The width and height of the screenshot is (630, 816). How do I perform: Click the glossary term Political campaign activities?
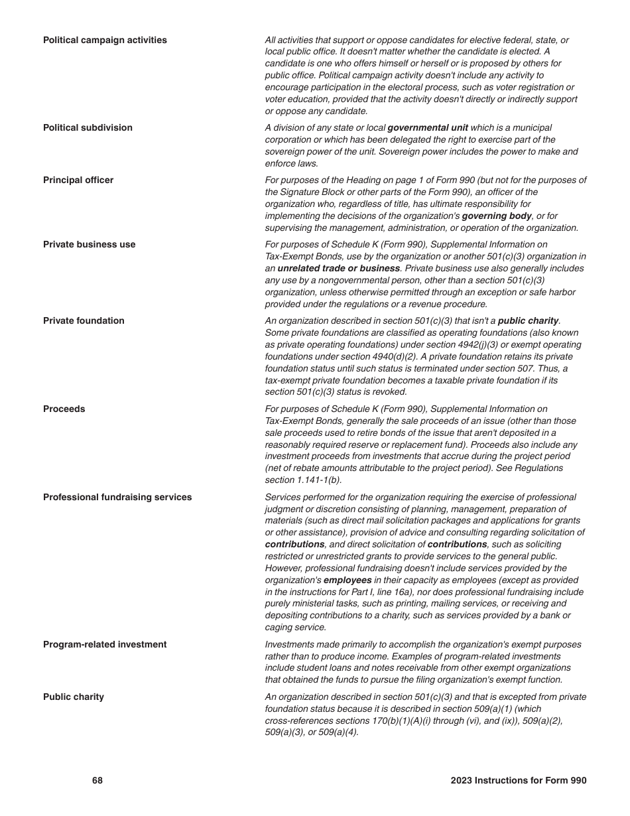click(x=105, y=40)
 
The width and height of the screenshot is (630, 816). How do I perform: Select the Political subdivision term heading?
click(x=88, y=128)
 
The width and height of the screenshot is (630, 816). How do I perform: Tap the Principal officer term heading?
click(x=78, y=180)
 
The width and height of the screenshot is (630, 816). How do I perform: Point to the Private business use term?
click(x=89, y=245)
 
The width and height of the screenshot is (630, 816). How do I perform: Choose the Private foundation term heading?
click(x=84, y=321)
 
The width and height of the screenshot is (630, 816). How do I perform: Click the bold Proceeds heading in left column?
click(x=64, y=409)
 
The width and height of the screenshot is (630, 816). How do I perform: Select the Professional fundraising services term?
click(x=117, y=498)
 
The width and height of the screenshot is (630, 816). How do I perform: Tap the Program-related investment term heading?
click(x=105, y=645)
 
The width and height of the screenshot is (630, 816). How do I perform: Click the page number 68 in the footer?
click(x=97, y=781)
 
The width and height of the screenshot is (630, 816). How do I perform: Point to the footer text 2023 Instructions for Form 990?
click(x=518, y=781)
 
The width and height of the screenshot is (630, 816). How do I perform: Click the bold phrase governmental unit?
click(x=427, y=128)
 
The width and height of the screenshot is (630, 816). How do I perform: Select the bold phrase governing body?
click(x=496, y=216)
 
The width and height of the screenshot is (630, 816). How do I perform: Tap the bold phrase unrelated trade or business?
click(x=338, y=269)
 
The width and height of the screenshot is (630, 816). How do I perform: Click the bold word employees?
click(x=347, y=580)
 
